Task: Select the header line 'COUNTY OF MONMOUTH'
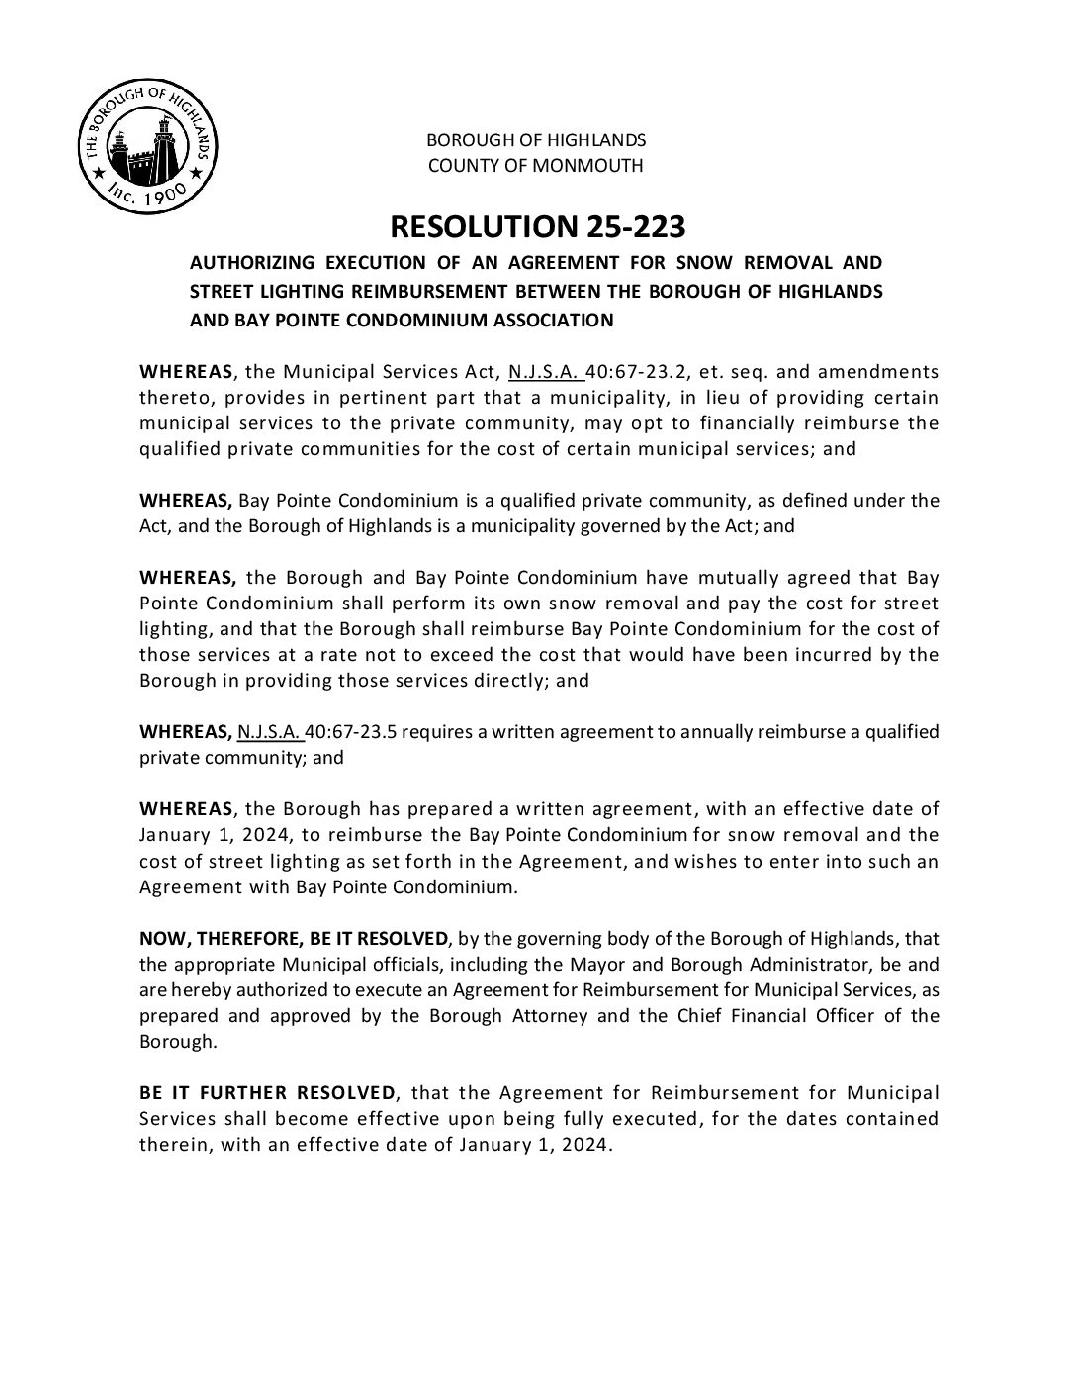coord(535,165)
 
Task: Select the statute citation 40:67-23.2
coord(632,372)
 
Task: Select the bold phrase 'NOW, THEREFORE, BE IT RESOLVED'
coord(294,938)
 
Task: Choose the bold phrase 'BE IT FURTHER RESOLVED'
coord(266,1092)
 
